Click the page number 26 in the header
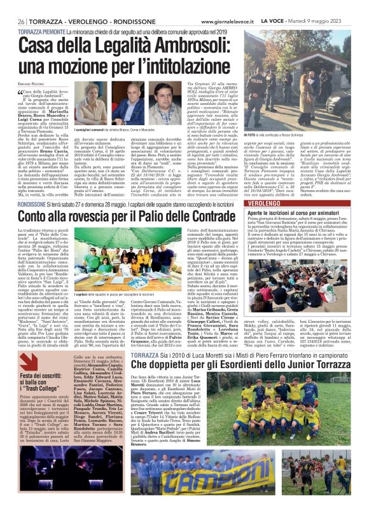click(22, 20)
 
